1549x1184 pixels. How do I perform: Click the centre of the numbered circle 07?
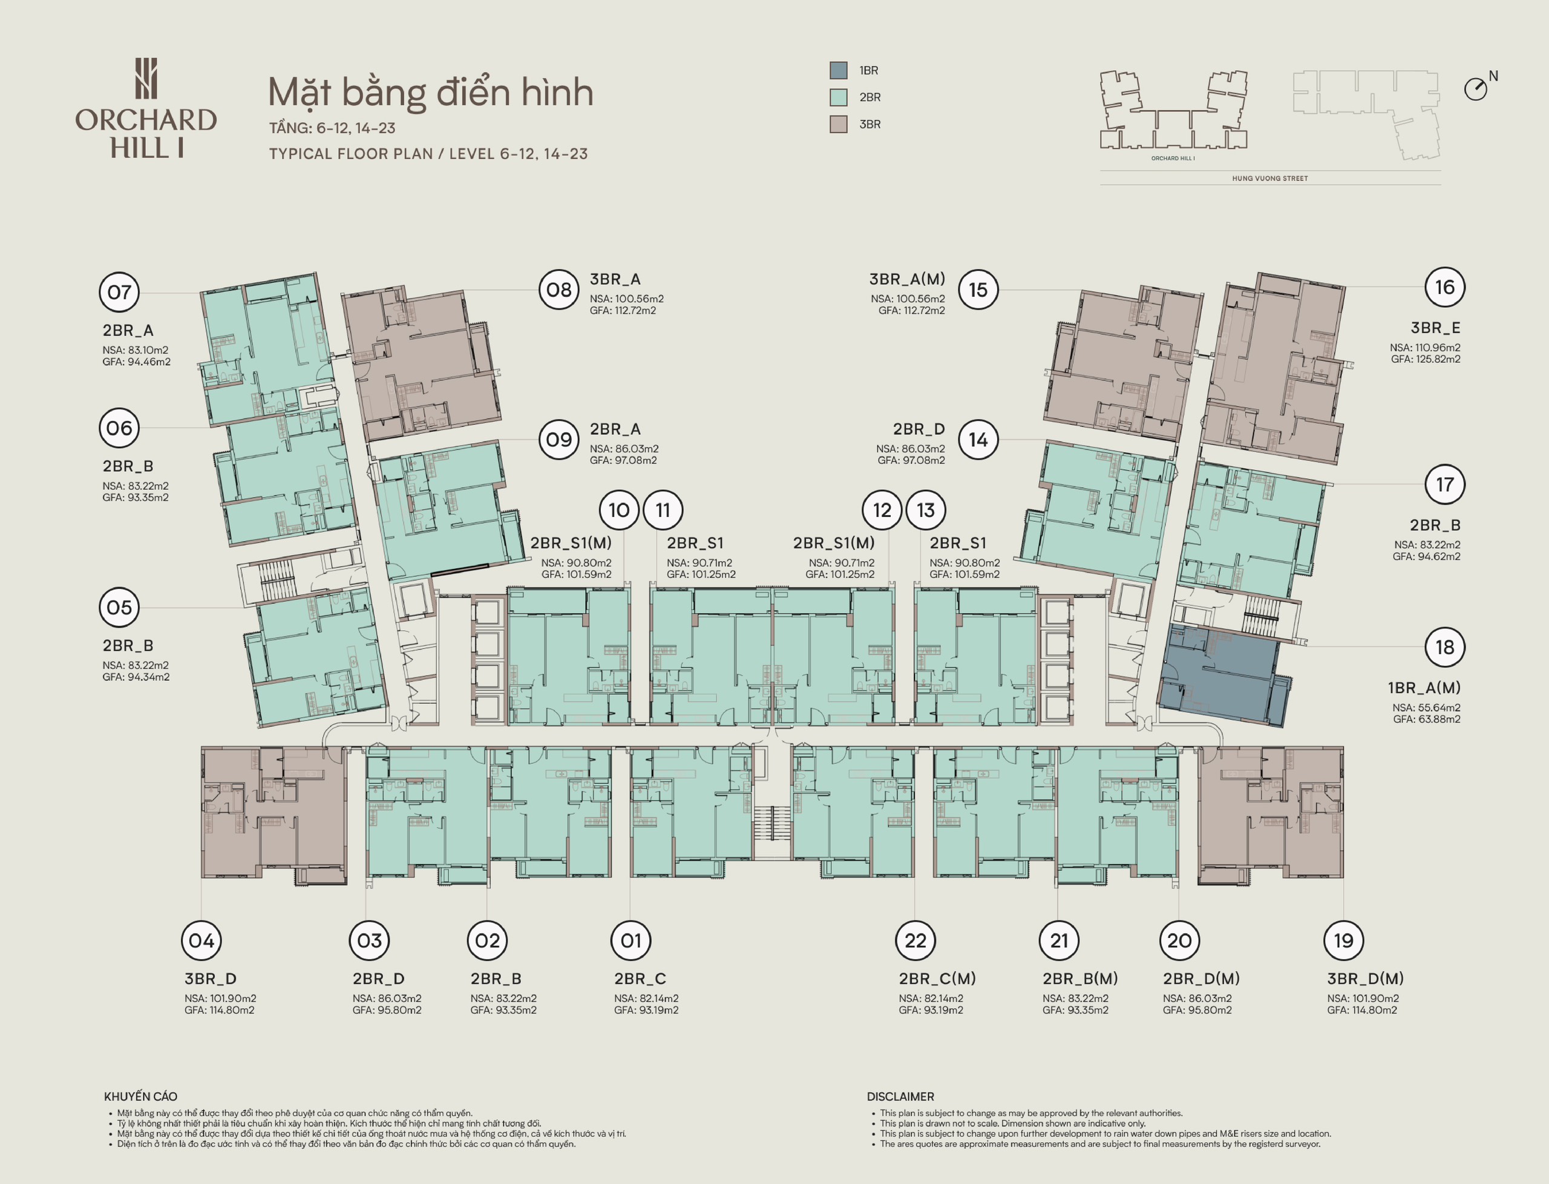coord(119,292)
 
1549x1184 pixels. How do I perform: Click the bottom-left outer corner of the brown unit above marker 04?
coord(201,878)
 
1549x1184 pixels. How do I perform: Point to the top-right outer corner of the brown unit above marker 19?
coord(1343,747)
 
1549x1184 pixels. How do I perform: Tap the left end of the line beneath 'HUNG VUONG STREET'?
coord(1100,184)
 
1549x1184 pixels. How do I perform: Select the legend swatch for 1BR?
coord(838,71)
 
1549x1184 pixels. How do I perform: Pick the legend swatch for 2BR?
coord(838,97)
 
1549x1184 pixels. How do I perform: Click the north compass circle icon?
coord(1475,89)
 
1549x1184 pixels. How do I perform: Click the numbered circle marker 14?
coord(978,440)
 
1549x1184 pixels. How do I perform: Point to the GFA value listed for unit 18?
coord(1427,720)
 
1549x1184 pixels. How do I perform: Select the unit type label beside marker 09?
coord(615,429)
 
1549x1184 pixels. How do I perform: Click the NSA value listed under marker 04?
coord(221,998)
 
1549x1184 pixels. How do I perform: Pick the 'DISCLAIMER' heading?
coord(900,1096)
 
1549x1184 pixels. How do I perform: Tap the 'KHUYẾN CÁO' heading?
coord(140,1096)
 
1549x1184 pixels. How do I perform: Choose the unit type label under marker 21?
coord(1080,979)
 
